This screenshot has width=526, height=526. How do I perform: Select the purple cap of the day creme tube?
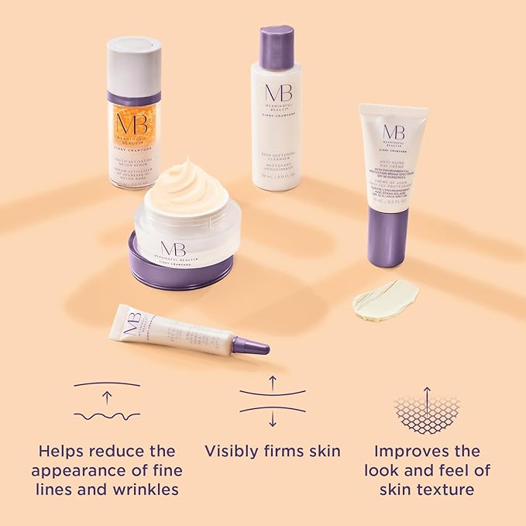point(388,236)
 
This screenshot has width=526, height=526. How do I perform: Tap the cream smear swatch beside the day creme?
point(385,299)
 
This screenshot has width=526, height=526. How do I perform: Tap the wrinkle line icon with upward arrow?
point(107,400)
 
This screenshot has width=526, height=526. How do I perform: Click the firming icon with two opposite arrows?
point(272,400)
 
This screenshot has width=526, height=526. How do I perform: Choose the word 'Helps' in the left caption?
point(61,451)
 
